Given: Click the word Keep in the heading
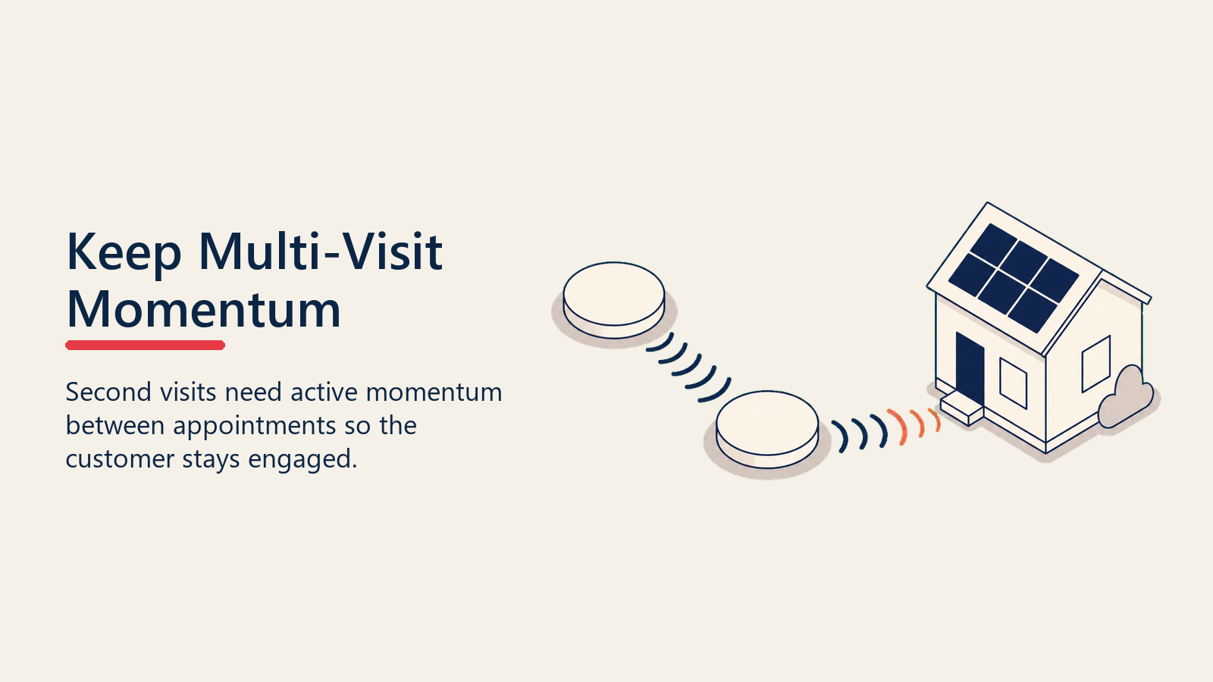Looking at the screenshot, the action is click(124, 253).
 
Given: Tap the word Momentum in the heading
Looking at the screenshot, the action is click(204, 309).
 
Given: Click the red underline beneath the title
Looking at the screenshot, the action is click(145, 346).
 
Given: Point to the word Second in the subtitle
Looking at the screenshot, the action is click(108, 392).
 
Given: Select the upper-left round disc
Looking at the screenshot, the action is click(614, 300).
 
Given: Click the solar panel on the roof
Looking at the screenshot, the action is click(1013, 277).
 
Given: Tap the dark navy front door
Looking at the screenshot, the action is click(970, 369).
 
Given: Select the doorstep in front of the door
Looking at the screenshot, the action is click(962, 410).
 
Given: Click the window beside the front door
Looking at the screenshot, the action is click(1013, 383).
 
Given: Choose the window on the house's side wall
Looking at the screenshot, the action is click(1096, 364).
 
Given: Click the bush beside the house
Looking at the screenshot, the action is click(1127, 398).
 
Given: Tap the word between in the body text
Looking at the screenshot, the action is click(114, 425).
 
